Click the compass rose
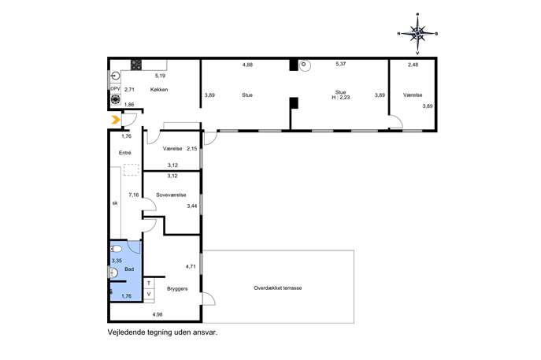click(x=418, y=34)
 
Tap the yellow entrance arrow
click(x=116, y=120)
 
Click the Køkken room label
click(x=159, y=89)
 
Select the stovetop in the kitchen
click(x=136, y=65)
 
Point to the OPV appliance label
click(x=115, y=89)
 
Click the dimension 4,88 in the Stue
click(x=248, y=64)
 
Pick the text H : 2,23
click(x=341, y=98)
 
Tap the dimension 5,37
click(x=341, y=64)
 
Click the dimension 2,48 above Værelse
click(x=413, y=64)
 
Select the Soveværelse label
click(x=171, y=195)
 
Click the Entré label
click(x=125, y=153)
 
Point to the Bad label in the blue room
click(x=129, y=269)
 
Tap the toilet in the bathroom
click(x=116, y=248)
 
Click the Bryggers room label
click(x=177, y=288)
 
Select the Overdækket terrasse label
click(x=278, y=288)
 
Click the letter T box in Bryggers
click(x=149, y=283)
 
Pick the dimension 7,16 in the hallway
click(x=134, y=195)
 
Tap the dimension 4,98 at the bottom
click(x=157, y=314)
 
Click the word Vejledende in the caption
click(x=126, y=332)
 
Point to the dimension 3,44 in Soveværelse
click(x=192, y=206)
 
